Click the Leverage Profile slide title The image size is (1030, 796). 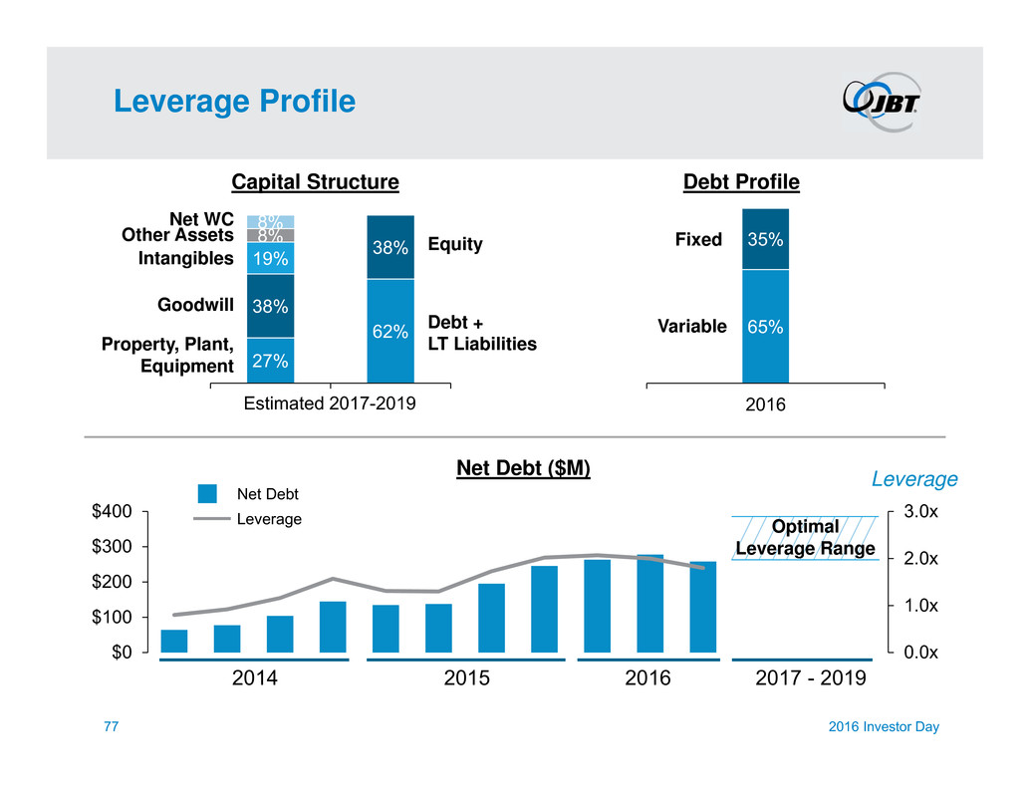coord(234,102)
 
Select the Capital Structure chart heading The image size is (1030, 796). coord(315,182)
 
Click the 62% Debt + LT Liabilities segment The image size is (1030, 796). coord(390,331)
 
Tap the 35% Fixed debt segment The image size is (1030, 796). coord(765,239)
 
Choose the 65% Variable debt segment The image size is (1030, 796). coord(765,326)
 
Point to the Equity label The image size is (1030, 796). coord(454,244)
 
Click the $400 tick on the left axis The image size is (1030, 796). coord(111,511)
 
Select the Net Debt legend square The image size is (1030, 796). coord(207,493)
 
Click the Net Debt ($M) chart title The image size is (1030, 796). coord(523,466)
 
